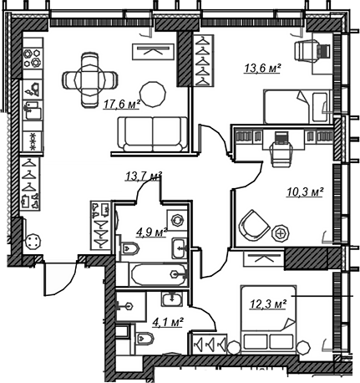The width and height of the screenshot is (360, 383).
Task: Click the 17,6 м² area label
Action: (122, 105)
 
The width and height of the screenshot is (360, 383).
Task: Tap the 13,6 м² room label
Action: (262, 68)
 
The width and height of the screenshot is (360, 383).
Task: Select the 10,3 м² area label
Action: (305, 191)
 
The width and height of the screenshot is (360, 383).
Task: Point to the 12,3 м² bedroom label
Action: (268, 304)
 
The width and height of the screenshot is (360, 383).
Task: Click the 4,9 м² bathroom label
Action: (151, 232)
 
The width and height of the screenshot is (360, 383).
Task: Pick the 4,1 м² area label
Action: (168, 323)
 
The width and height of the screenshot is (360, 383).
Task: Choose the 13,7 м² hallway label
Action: (144, 176)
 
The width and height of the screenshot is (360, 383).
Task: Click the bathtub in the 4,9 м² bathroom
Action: (159, 275)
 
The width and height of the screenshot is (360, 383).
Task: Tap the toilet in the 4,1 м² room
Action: (145, 338)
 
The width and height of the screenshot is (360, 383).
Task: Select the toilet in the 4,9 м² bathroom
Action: (129, 248)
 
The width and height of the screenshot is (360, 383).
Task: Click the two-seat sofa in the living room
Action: (153, 135)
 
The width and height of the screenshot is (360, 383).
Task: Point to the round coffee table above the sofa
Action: (153, 94)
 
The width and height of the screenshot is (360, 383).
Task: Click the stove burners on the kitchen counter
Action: (33, 58)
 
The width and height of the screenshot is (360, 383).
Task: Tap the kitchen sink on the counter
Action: (33, 111)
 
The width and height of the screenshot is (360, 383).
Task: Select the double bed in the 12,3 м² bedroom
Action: (268, 319)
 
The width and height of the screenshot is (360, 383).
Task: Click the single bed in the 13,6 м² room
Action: (297, 107)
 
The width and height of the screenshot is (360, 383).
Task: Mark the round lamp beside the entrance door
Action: (33, 242)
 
